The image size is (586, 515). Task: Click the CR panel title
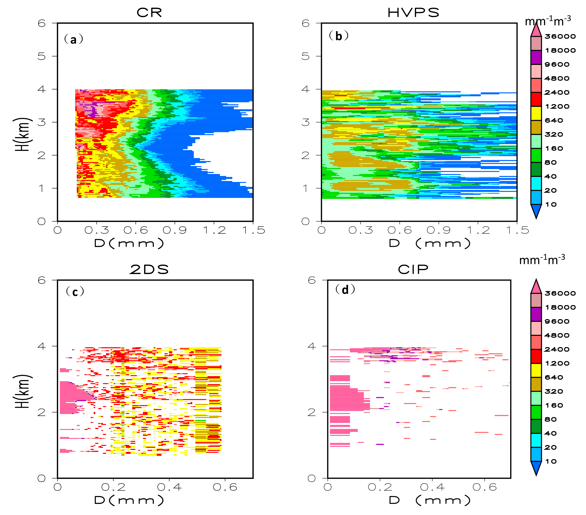point(149,13)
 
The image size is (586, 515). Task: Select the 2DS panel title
point(149,269)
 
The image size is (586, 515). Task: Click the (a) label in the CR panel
point(73,39)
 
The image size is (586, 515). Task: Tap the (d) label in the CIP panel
point(345,290)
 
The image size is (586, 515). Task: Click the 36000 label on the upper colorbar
point(560,36)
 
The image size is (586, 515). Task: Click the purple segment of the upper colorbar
point(536,57)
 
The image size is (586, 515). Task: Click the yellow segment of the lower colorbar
point(536,370)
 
